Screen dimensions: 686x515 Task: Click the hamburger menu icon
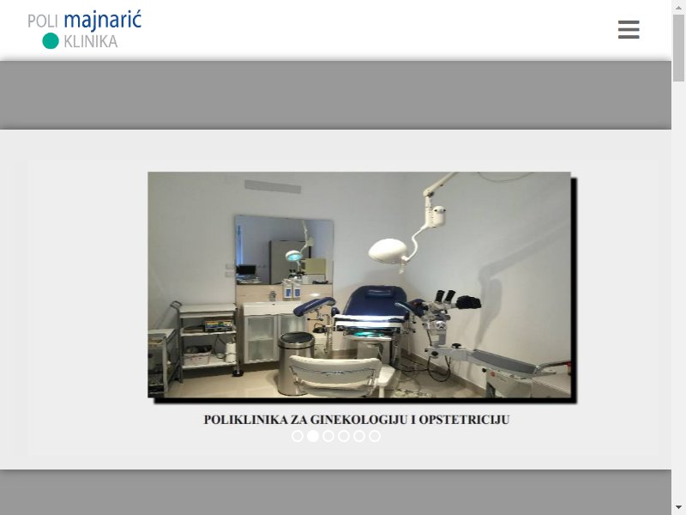(629, 29)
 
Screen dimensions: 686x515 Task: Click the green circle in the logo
(51, 40)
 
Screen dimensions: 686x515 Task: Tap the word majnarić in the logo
(102, 21)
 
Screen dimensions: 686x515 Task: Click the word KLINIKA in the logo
(91, 41)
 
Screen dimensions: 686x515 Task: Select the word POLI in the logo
(43, 21)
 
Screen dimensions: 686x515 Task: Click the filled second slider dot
(313, 436)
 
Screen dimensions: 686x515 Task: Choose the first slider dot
(298, 436)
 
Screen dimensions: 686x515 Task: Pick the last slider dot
(375, 436)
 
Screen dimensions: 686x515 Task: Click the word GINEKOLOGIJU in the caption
(359, 420)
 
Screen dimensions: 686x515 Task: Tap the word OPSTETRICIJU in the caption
(465, 420)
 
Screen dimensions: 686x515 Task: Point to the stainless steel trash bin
(295, 363)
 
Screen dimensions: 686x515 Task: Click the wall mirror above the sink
(285, 250)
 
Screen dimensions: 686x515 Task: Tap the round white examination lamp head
(388, 251)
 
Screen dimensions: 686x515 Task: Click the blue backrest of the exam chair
(375, 301)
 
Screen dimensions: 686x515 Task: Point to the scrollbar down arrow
(678, 507)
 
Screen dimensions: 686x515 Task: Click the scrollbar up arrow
(678, 7)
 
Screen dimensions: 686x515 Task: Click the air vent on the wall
(273, 186)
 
